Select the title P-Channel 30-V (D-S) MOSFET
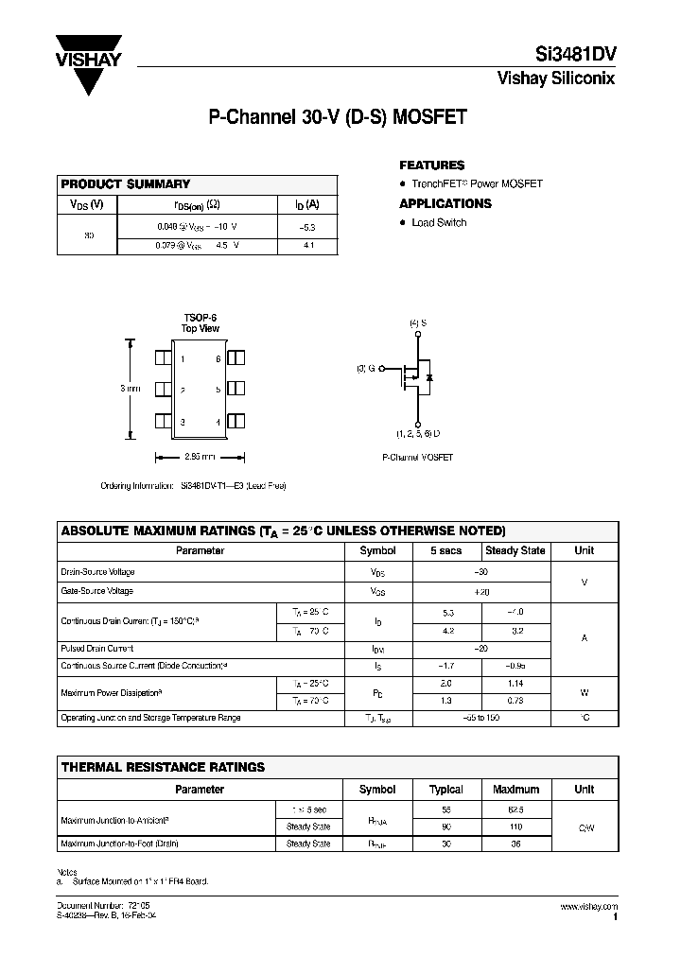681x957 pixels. pos(337,119)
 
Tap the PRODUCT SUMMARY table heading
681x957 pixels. pos(126,184)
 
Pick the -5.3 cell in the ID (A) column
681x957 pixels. pos(307,227)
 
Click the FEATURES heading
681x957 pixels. pos(432,165)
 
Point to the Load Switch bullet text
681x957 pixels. pos(439,223)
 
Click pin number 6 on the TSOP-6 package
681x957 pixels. pos(218,359)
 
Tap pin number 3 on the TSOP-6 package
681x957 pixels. pos(182,422)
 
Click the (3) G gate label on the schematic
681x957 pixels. pos(365,368)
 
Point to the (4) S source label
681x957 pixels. pos(417,324)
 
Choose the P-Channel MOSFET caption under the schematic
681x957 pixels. pos(417,457)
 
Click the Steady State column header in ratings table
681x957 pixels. pos(515,550)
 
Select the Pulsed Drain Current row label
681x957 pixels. pos(97,649)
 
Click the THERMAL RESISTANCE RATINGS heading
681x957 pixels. pos(163,767)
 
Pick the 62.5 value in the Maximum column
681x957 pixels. pos(515,810)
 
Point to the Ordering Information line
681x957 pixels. pos(193,485)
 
